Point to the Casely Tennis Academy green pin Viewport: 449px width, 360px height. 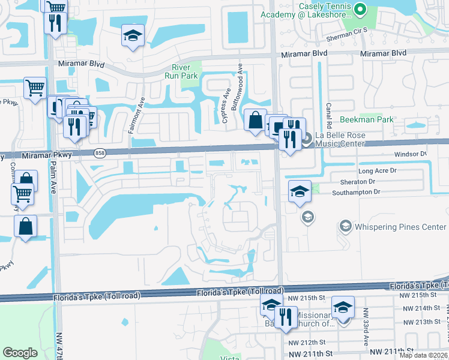(360, 9)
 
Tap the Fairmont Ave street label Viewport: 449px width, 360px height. (142, 110)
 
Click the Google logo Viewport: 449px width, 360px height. (20, 353)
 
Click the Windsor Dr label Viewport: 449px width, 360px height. (410, 154)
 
